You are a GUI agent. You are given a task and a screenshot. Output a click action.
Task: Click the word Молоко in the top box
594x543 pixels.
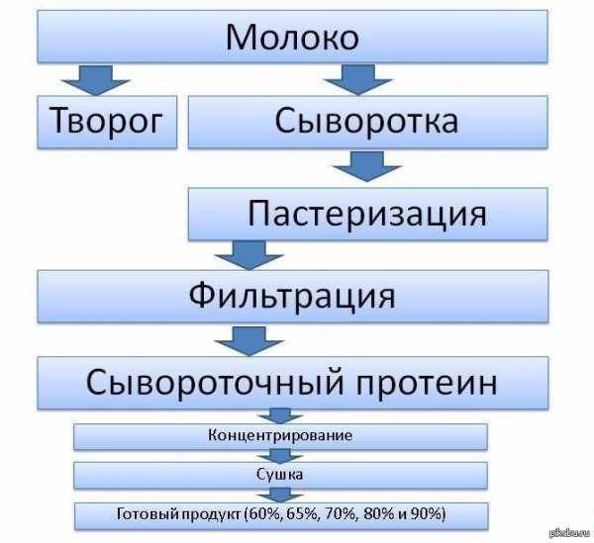292,37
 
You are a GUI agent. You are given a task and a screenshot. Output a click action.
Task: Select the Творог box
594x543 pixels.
107,122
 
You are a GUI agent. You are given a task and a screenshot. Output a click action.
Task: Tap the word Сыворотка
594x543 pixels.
366,121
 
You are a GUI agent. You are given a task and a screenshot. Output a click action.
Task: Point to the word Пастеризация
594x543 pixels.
366,214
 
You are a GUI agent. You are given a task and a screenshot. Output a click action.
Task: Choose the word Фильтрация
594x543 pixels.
292,296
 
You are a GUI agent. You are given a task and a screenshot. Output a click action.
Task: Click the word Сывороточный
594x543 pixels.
215,382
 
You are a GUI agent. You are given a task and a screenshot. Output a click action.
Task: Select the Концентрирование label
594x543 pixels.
280,435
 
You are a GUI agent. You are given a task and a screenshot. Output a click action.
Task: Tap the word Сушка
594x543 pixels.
279,475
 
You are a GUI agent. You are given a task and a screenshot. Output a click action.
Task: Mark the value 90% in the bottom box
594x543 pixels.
427,514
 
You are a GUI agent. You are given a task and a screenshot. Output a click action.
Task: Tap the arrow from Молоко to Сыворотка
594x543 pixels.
358,80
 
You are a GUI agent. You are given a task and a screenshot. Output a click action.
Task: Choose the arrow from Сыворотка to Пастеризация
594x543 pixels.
366,166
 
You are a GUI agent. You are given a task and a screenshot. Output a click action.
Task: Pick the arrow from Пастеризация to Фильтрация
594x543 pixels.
248,255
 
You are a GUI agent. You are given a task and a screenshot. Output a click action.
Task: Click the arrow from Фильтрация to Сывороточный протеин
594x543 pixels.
248,341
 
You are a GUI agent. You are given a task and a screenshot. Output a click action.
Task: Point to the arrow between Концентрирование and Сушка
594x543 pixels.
280,456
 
